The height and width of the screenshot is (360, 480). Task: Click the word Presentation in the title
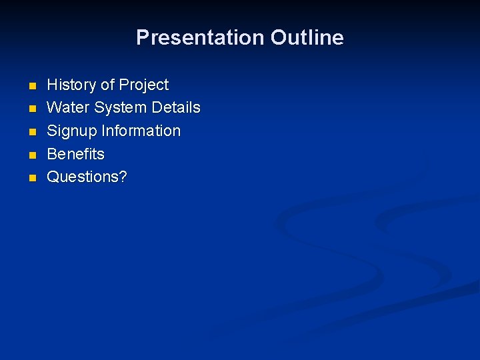201,37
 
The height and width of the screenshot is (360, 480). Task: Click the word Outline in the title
307,37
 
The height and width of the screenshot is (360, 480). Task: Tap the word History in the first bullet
71,85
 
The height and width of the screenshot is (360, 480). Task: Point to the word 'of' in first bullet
107,85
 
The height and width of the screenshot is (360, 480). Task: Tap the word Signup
72,131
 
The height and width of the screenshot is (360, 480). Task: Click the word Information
141,131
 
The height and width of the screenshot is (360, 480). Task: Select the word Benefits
75,154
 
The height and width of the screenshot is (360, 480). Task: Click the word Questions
83,177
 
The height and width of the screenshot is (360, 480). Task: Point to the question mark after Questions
123,177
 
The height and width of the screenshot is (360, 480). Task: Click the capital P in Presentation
143,37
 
